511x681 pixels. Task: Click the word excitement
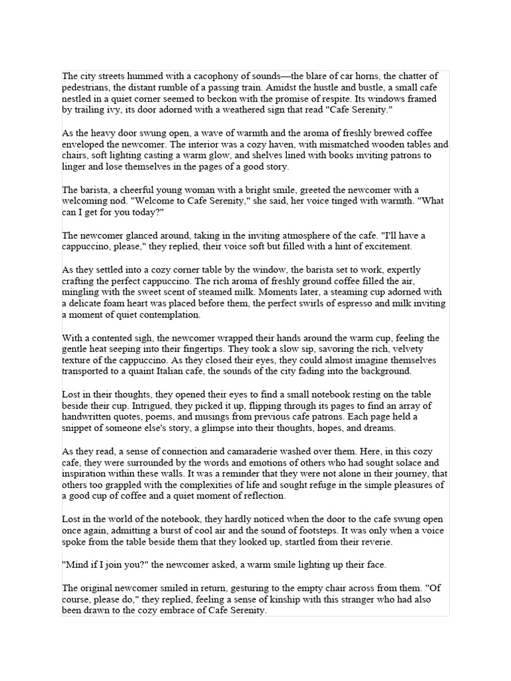387,246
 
